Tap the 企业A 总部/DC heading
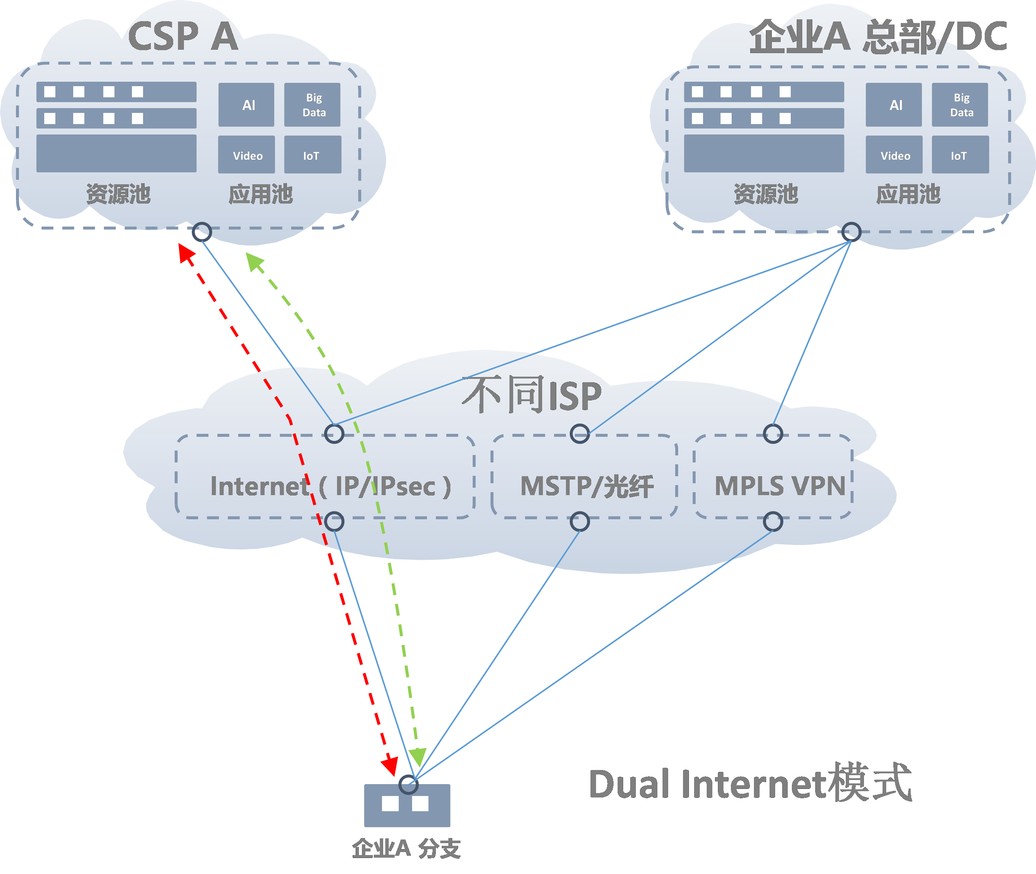click(x=878, y=37)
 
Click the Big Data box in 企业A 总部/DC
click(x=960, y=104)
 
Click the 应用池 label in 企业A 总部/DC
click(x=908, y=194)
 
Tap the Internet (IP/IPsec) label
click(x=331, y=486)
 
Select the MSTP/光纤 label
click(x=587, y=486)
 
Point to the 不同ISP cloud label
click(x=532, y=395)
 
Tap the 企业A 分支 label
click(x=407, y=849)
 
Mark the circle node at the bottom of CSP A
click(x=202, y=232)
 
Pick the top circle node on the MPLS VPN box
click(x=773, y=434)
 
